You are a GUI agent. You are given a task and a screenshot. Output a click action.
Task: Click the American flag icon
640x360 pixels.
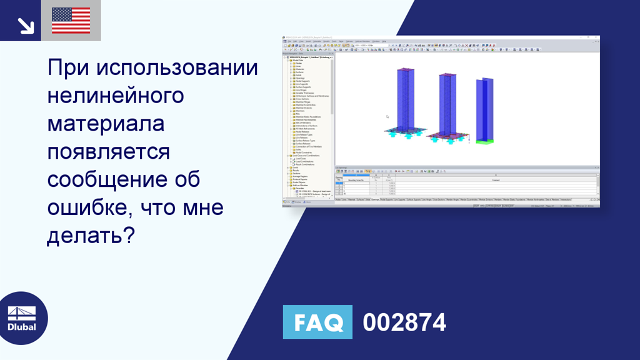(71, 21)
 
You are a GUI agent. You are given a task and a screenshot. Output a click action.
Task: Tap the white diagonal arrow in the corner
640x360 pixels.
(25, 25)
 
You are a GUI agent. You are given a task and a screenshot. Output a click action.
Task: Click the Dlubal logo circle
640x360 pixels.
(22, 317)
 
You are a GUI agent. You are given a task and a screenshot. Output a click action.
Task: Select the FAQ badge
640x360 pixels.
(317, 322)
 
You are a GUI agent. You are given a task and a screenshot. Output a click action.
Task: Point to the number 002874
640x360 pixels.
(404, 322)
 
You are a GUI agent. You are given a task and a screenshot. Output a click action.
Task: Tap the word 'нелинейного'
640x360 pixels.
(116, 96)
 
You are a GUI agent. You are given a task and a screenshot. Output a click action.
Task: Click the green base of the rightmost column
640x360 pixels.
(484, 141)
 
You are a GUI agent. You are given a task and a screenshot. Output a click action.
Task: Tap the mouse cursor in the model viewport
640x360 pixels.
(387, 116)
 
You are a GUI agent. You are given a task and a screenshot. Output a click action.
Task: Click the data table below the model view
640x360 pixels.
(466, 185)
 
